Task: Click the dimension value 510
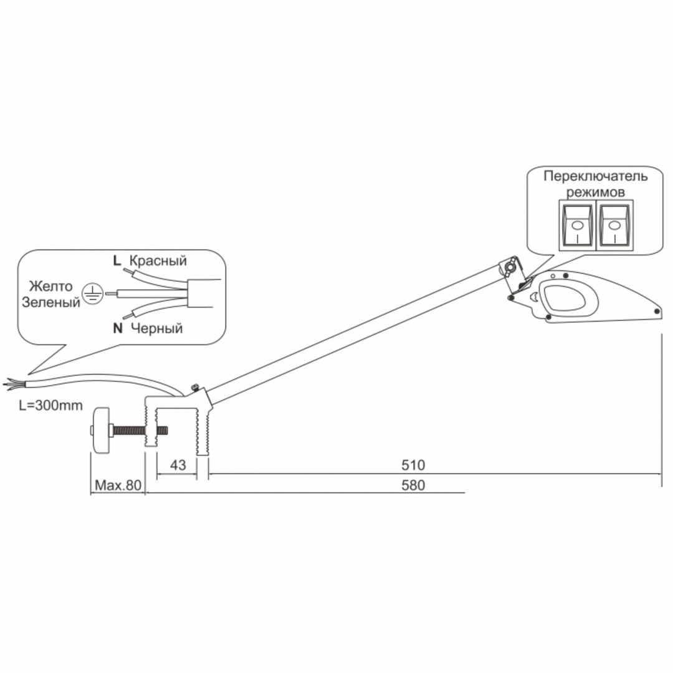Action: point(413,465)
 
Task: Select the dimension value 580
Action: point(413,485)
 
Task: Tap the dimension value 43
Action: point(178,465)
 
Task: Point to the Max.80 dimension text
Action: point(118,485)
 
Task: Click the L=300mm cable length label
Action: point(50,405)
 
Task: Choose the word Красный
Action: point(158,261)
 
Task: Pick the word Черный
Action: point(156,328)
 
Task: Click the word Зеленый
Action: point(51,302)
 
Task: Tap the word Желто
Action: point(50,286)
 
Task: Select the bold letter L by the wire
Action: point(117,261)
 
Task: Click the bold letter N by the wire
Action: point(118,328)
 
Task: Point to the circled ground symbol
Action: point(92,294)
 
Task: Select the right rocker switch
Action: point(614,225)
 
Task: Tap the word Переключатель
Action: point(595,176)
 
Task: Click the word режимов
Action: point(595,193)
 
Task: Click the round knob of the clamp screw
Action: point(102,429)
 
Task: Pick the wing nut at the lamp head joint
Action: point(511,267)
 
